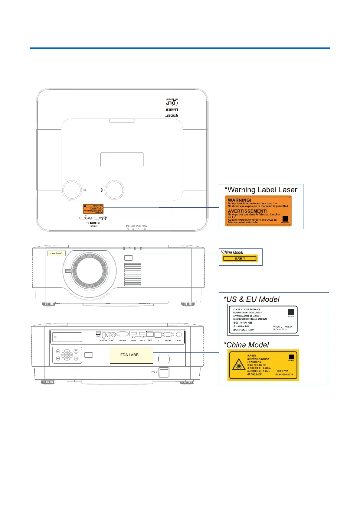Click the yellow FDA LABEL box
pyautogui.click(x=131, y=355)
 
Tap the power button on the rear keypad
pyautogui.click(x=76, y=351)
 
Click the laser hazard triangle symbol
pyautogui.click(x=238, y=365)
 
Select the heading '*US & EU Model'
pyautogui.click(x=251, y=299)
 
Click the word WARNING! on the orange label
pyautogui.click(x=239, y=200)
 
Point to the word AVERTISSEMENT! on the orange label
pyautogui.click(x=247, y=211)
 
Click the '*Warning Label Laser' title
pyautogui.click(x=261, y=190)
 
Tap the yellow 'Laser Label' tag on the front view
pyautogui.click(x=56, y=253)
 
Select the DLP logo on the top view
pyautogui.click(x=171, y=103)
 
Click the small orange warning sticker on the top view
pyautogui.click(x=93, y=209)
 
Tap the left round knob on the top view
pyautogui.click(x=72, y=190)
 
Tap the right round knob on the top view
pyautogui.click(x=114, y=190)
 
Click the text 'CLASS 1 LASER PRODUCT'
pyautogui.click(x=247, y=310)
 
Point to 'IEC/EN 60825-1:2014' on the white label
pyautogui.click(x=244, y=330)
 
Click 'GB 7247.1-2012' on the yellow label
pyautogui.click(x=255, y=374)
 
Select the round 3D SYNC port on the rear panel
pyautogui.click(x=179, y=334)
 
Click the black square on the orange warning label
pyautogui.click(x=285, y=219)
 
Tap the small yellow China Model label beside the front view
pyautogui.click(x=240, y=258)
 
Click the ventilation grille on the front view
pyautogui.click(x=133, y=274)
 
